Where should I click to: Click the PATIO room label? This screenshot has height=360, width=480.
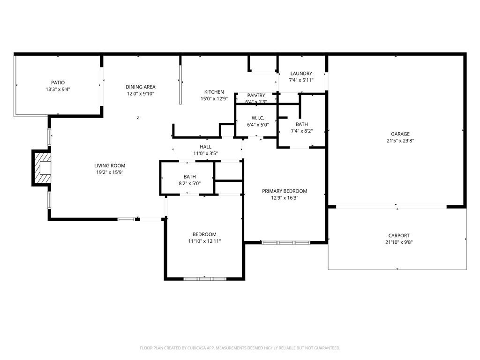click(58, 82)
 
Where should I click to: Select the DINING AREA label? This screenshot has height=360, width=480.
click(140, 87)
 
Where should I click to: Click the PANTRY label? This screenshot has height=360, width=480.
click(256, 96)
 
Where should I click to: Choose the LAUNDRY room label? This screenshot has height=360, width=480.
click(301, 74)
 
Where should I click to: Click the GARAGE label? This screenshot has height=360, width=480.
click(400, 134)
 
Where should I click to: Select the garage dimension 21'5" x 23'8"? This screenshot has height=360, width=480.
click(400, 140)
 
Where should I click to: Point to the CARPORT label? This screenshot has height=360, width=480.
click(399, 236)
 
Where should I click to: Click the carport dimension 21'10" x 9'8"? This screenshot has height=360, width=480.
click(399, 242)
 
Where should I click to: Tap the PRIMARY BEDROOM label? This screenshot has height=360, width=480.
click(285, 191)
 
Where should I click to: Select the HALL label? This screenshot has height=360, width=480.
click(205, 147)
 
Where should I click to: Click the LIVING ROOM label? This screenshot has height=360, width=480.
click(110, 165)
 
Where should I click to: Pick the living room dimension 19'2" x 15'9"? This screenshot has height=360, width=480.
click(110, 172)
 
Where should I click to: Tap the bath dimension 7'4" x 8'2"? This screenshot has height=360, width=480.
click(301, 131)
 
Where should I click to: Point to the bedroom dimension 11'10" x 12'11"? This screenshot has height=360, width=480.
click(204, 241)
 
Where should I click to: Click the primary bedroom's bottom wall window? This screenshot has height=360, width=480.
click(285, 242)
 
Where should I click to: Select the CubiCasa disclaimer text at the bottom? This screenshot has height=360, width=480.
click(240, 348)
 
